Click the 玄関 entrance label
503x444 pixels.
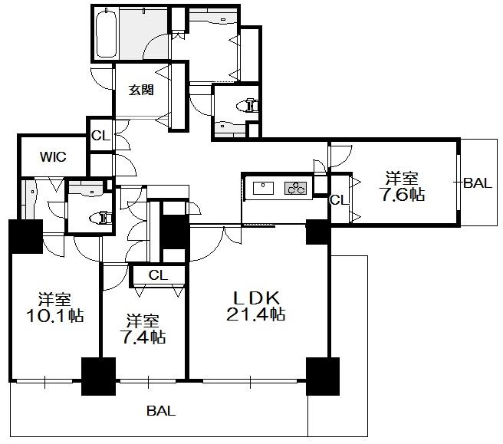[x=141, y=90]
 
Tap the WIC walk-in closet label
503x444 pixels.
[x=53, y=157]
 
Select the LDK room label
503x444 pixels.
[x=256, y=298]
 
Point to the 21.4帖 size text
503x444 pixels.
[x=256, y=314]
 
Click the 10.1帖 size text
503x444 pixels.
[x=55, y=316]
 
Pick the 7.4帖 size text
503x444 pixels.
[x=143, y=337]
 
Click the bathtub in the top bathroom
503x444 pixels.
[x=106, y=34]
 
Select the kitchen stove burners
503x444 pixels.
[x=295, y=188]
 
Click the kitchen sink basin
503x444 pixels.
[x=263, y=188]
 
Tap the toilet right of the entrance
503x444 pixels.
[x=248, y=106]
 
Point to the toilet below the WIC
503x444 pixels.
[x=101, y=218]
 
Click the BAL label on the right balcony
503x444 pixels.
[x=478, y=183]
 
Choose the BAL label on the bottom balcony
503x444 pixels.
[x=161, y=410]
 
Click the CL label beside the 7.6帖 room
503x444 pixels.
[x=339, y=200]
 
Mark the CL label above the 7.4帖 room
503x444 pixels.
[x=158, y=275]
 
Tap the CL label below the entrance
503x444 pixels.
[x=100, y=136]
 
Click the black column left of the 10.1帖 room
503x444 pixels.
[x=26, y=236]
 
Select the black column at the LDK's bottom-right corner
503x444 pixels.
[x=322, y=377]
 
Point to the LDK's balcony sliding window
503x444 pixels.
[x=250, y=381]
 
